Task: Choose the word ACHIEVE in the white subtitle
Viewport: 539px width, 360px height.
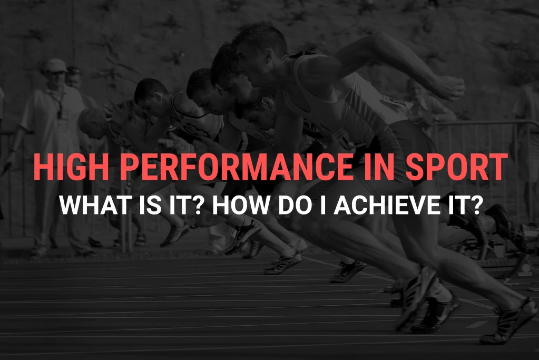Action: click(x=393, y=205)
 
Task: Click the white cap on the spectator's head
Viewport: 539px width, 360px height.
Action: click(x=55, y=65)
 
